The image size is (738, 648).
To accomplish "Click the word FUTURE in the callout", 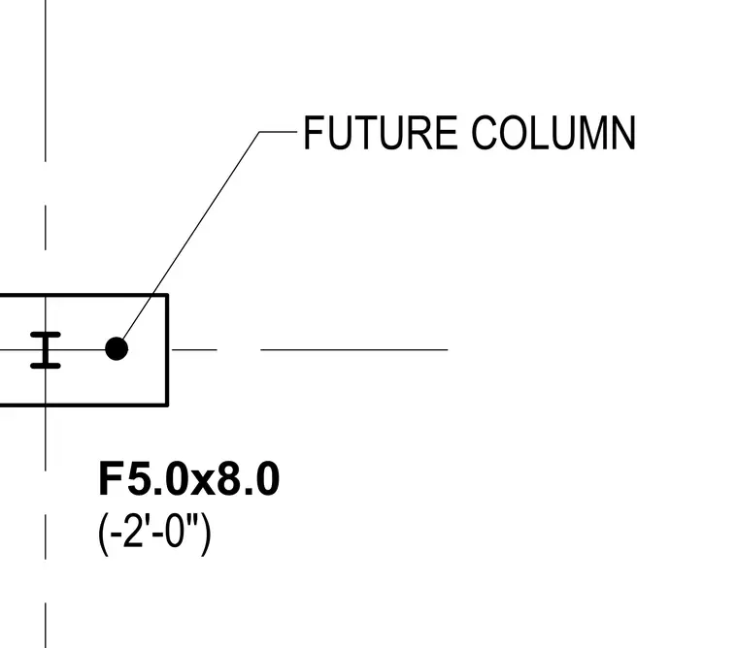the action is (x=381, y=133).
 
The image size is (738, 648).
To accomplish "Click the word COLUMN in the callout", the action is (x=553, y=133).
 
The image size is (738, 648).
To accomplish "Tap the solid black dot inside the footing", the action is (x=117, y=349).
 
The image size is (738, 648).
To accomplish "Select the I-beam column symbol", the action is (x=46, y=350).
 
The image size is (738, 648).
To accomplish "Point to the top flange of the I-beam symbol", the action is (x=46, y=335).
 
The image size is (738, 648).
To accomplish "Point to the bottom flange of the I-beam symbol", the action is (x=46, y=366).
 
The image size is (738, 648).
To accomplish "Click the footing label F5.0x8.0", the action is (x=189, y=478).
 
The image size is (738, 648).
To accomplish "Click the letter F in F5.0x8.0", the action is (x=110, y=478).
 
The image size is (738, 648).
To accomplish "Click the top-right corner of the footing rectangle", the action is (x=167, y=295).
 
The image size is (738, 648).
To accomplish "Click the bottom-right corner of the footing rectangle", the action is (x=167, y=404).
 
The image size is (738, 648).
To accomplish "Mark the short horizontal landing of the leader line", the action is (x=278, y=132).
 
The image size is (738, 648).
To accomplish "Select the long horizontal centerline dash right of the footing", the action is (x=353, y=350).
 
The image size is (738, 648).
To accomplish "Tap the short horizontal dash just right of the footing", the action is (x=194, y=350).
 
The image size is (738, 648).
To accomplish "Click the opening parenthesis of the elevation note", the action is (x=103, y=535).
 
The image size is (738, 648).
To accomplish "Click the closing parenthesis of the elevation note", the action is (x=206, y=535).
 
